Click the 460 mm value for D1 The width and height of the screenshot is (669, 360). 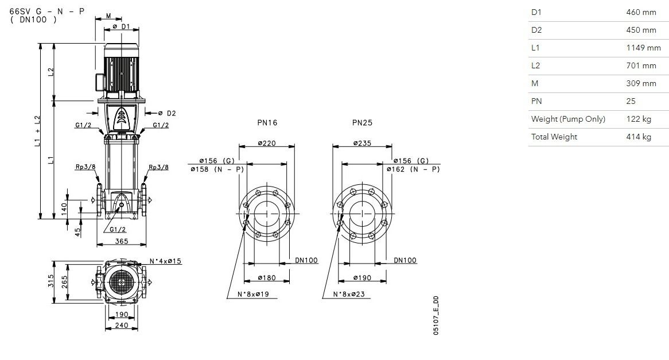(x=641, y=13)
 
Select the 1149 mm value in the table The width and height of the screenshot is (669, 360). (x=643, y=48)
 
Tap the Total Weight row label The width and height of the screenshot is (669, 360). (x=554, y=137)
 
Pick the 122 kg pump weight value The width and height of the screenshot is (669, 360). (x=639, y=119)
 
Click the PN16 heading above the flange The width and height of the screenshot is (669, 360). (x=267, y=123)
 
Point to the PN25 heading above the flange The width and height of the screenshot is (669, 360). (x=362, y=123)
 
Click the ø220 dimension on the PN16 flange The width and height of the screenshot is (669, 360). (x=267, y=144)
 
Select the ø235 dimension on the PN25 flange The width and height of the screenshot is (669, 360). (x=362, y=144)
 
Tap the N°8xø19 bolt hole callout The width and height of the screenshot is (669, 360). (x=253, y=294)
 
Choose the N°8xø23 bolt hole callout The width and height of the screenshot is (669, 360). (x=349, y=294)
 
